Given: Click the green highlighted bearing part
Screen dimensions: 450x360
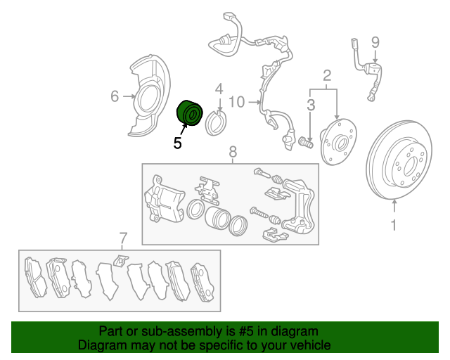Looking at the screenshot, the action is pos(189,112).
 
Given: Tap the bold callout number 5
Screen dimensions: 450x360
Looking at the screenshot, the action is pos(178,143).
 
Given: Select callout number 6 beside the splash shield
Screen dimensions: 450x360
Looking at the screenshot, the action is pos(115,96).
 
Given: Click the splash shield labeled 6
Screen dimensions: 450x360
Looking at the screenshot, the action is pos(149,95).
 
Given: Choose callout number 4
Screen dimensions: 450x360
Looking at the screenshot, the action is pos(219,89).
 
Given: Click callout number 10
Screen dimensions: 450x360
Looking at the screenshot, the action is pos(237,102).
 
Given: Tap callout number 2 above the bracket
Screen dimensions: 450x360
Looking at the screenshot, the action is pos(327,75).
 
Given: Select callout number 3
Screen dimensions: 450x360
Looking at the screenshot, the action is pos(311,105).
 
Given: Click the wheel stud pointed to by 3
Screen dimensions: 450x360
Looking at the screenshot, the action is pos(306,142).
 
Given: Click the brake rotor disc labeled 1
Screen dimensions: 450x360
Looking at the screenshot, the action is pos(399,160).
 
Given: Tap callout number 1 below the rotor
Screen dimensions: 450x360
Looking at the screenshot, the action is pos(394,225).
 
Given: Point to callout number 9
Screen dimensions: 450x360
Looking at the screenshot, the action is pos(375,42).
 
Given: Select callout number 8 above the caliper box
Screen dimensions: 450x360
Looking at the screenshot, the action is pos(233,151).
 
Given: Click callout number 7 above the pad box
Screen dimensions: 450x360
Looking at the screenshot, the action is pos(122,238).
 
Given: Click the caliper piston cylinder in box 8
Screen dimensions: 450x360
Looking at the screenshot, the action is pos(217,217).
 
